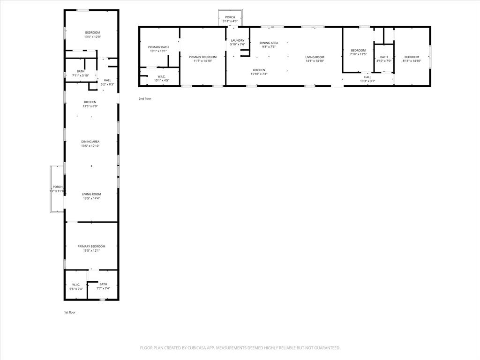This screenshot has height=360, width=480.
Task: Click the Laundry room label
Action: click(238, 40)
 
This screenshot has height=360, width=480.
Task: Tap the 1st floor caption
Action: click(69, 312)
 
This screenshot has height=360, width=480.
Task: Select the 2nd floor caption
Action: click(145, 99)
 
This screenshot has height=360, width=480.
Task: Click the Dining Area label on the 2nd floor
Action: click(269, 43)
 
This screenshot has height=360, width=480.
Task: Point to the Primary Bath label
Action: click(158, 47)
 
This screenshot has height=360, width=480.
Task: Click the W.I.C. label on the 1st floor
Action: click(76, 284)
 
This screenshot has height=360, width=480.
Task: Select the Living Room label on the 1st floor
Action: click(91, 194)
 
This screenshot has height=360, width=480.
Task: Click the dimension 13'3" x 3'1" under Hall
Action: click(367, 81)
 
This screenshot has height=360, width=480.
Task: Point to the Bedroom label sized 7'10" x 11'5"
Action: click(358, 50)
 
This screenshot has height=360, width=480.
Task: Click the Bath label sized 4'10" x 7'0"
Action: click(384, 57)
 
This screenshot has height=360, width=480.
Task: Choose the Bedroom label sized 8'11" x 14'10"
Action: click(412, 57)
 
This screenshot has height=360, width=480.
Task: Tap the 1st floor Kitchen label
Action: click(90, 102)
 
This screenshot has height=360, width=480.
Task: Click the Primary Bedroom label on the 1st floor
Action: click(91, 246)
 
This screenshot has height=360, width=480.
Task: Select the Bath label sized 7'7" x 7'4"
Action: click(103, 284)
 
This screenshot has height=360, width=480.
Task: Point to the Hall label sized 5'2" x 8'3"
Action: click(107, 80)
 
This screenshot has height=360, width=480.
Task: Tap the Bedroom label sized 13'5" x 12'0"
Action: click(92, 32)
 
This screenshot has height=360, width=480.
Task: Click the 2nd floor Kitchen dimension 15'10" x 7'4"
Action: click(259, 74)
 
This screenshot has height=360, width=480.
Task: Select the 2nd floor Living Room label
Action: click(315, 57)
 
